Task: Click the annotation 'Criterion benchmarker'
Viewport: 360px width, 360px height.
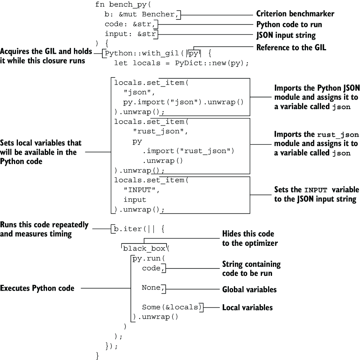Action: [295, 14]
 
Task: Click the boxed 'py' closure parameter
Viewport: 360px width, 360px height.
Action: [193, 53]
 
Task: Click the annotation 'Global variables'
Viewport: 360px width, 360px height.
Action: [249, 290]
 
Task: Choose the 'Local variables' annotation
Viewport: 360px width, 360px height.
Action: [247, 307]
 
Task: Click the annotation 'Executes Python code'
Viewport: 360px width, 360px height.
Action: [37, 288]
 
